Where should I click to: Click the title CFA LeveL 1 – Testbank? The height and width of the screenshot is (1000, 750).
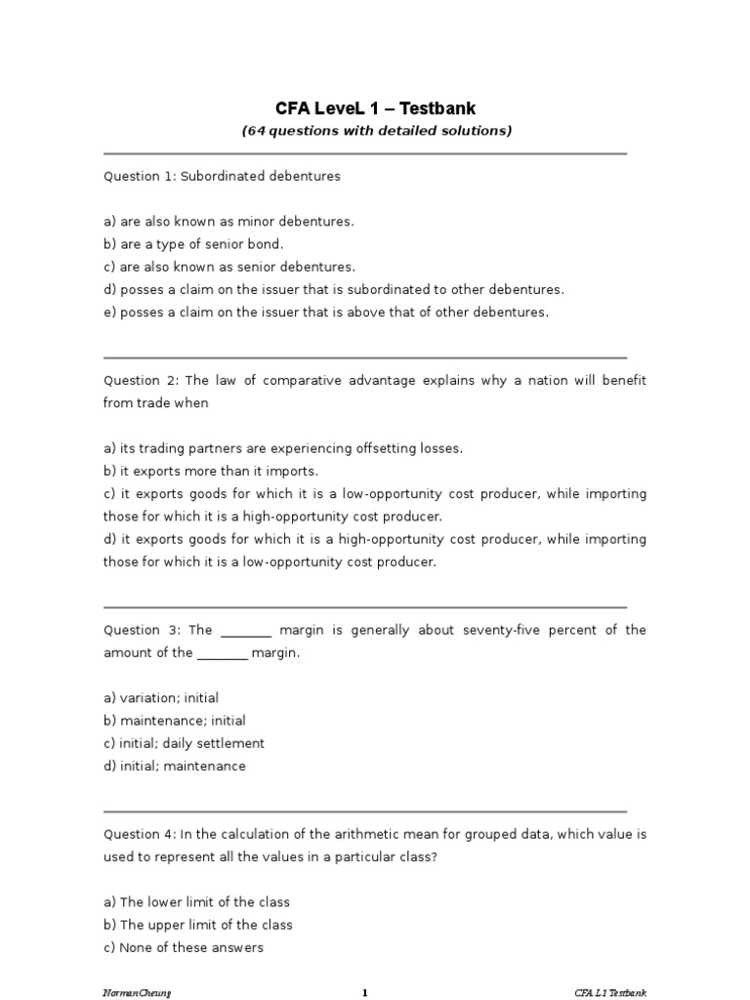pyautogui.click(x=376, y=108)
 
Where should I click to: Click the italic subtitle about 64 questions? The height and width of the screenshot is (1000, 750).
pyautogui.click(x=376, y=131)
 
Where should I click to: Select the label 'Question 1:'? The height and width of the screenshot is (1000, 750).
pyautogui.click(x=137, y=177)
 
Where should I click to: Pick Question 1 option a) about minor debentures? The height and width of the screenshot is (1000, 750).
pyautogui.click(x=229, y=222)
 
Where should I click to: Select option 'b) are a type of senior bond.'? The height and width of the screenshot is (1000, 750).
pyautogui.click(x=193, y=245)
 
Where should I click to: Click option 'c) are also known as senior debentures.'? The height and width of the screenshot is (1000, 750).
pyautogui.click(x=229, y=268)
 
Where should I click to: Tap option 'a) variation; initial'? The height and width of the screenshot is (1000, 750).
pyautogui.click(x=161, y=698)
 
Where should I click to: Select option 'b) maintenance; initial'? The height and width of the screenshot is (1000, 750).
pyautogui.click(x=175, y=722)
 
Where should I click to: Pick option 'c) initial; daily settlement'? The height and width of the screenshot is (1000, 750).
pyautogui.click(x=185, y=744)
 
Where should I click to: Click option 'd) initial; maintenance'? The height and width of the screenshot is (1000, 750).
pyautogui.click(x=175, y=767)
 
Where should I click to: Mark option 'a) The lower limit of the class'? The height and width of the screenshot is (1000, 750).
pyautogui.click(x=196, y=902)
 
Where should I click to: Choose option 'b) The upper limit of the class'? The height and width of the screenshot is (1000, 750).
pyautogui.click(x=198, y=925)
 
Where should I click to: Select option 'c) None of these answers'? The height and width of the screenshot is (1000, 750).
pyautogui.click(x=184, y=948)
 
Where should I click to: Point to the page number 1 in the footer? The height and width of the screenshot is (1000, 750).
pyautogui.click(x=364, y=994)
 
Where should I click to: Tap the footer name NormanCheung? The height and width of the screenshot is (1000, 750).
pyautogui.click(x=130, y=994)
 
